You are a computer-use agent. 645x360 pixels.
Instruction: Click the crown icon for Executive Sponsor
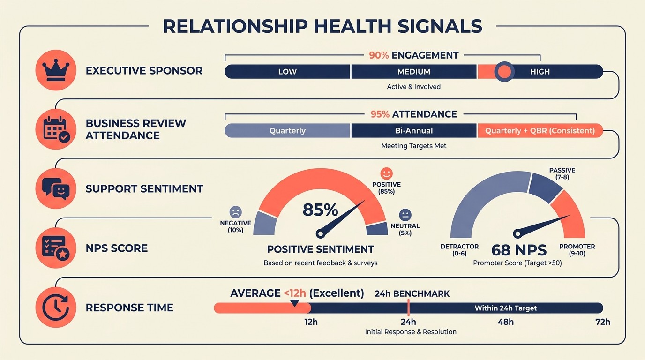[56, 70]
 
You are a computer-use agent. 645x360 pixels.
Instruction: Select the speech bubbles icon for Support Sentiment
[56, 188]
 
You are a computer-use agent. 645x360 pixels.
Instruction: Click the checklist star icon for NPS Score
[56, 247]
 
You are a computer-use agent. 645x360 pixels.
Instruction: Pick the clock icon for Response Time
[56, 307]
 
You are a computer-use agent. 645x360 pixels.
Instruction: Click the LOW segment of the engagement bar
[287, 72]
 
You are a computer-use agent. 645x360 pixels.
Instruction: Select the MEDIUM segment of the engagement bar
[414, 72]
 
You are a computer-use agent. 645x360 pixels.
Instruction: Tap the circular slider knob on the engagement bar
[504, 72]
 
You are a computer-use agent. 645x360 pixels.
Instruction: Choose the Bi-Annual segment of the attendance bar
[414, 131]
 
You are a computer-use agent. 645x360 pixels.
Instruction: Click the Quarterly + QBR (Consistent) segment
[540, 131]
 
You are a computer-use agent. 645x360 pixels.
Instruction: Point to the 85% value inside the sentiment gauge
[320, 210]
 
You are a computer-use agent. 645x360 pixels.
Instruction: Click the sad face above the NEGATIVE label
[235, 212]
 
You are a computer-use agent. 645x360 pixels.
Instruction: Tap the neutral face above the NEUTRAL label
[405, 215]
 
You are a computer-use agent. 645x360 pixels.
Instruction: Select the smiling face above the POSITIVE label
[386, 173]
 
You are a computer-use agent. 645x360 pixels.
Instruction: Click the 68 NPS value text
[519, 250]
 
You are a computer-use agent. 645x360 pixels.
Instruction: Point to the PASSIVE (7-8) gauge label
[562, 174]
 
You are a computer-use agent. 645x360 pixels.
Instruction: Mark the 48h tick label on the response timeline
[505, 322]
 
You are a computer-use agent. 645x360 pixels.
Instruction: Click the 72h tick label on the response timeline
[602, 322]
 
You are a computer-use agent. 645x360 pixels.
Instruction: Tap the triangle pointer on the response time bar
[294, 303]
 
